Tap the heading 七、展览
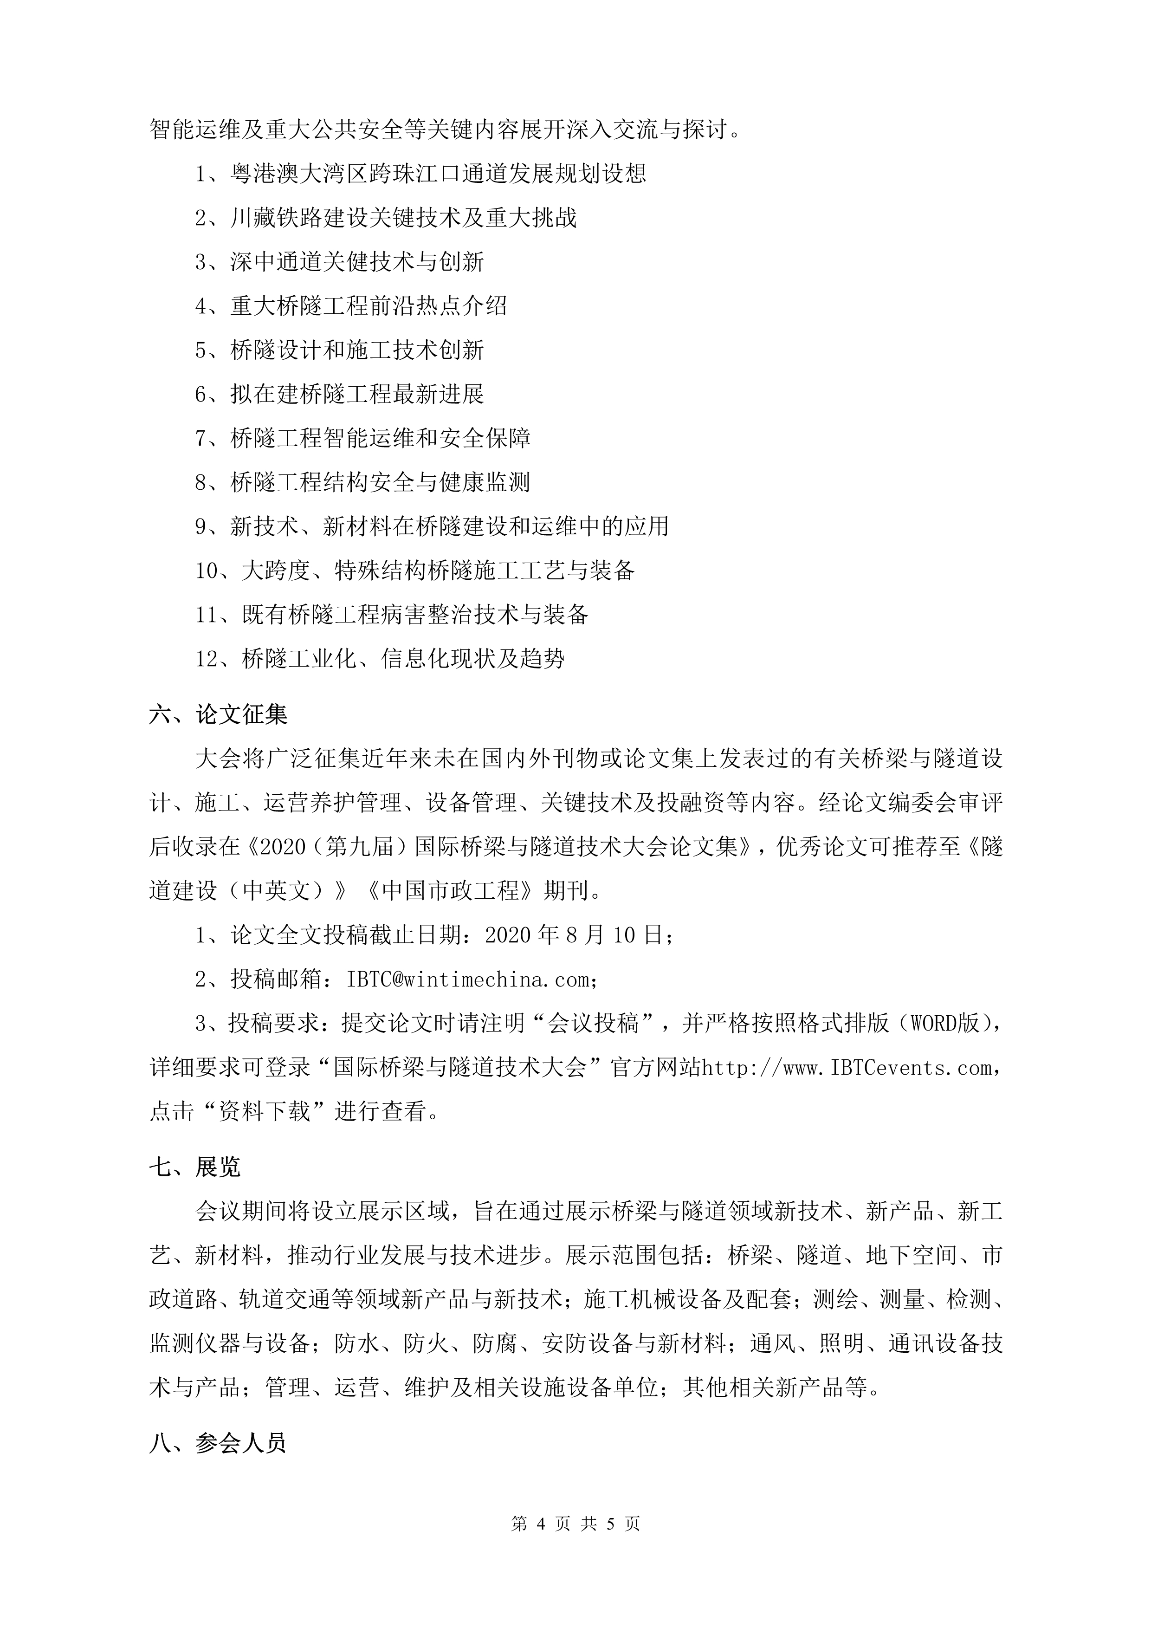pos(195,1167)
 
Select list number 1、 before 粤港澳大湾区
pos(211,174)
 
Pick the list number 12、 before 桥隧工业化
pos(217,659)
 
